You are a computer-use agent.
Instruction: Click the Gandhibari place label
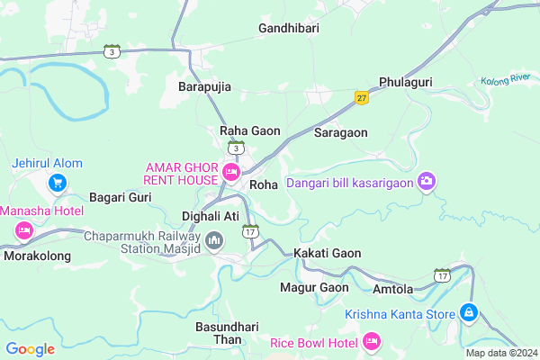[289, 29]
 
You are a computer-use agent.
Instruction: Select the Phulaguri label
[407, 81]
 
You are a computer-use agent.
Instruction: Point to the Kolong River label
[506, 80]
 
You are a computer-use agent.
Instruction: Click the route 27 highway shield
[362, 98]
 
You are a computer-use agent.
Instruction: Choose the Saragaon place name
[341, 131]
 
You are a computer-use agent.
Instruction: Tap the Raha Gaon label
[250, 130]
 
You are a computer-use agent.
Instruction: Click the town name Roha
[264, 184]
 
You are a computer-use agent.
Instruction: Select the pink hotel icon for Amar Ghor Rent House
[231, 171]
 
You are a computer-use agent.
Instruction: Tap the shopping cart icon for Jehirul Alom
[58, 183]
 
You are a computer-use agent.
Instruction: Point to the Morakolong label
[37, 256]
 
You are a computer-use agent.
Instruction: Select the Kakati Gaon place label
[327, 253]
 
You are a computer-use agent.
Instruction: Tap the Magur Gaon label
[313, 287]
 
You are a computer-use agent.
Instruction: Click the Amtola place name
[392, 289]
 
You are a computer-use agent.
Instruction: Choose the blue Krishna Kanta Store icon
[468, 313]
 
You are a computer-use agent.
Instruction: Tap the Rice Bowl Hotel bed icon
[371, 341]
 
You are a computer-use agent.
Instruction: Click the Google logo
[31, 348]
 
